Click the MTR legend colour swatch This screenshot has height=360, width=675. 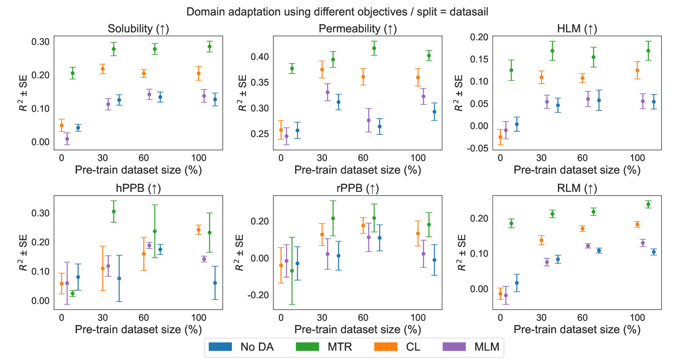pos(307,347)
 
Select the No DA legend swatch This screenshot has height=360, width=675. pos(220,347)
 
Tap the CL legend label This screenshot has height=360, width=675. pos(413,347)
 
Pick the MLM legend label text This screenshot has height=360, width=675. pos(486,347)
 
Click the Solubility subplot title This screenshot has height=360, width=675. pos(138,29)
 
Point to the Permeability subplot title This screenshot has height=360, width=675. pos(358,29)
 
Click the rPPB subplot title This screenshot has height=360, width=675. pos(358,189)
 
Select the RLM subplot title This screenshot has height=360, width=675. pos(577,189)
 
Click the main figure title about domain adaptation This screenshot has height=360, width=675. pos(337,12)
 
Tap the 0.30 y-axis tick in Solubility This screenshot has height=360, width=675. pos(41,42)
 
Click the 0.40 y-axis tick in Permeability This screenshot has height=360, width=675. pos(260,57)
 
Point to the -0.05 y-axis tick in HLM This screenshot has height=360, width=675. pos(477,148)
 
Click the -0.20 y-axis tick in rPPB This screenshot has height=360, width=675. pos(258,295)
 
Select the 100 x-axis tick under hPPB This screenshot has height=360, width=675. pos(199,317)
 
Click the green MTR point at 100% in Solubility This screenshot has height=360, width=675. pos(210,46)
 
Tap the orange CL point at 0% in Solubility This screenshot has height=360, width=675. pos(61,125)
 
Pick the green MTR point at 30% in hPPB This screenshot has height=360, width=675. pos(114,211)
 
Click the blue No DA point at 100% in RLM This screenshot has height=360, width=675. pos(654,252)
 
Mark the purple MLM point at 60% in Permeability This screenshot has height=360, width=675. pos(369,120)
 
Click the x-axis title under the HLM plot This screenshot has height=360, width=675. pos(577,170)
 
